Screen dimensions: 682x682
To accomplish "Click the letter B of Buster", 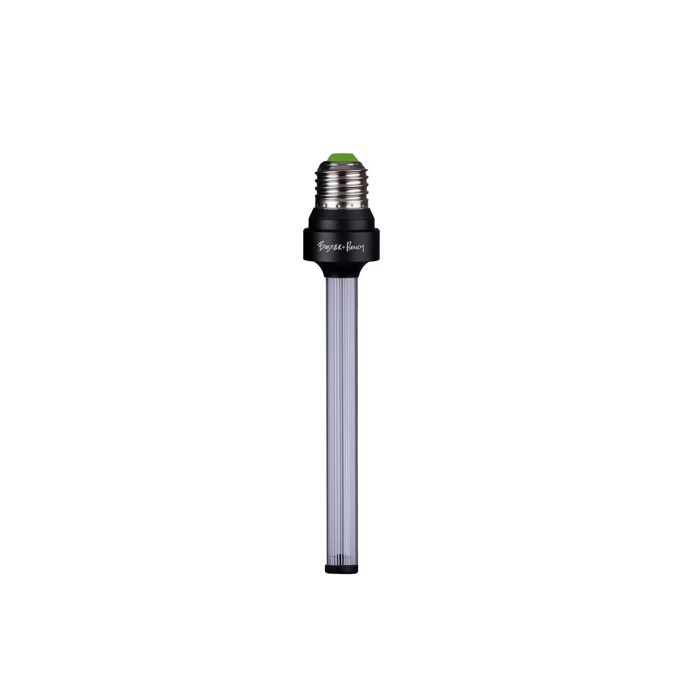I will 321,245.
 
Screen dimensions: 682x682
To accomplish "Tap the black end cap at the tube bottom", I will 341,569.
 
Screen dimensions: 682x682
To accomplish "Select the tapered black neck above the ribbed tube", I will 341,270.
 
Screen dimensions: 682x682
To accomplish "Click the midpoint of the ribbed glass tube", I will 341,420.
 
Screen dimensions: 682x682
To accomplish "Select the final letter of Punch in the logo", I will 362,248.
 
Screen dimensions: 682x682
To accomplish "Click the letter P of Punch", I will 348,246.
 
